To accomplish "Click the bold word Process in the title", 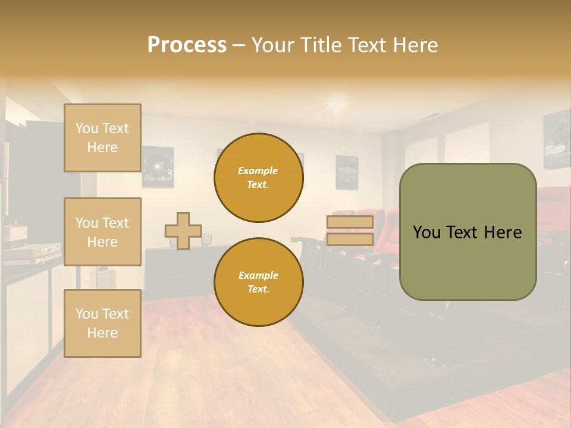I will point(187,45).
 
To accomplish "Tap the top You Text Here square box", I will point(102,138).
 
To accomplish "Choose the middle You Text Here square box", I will point(102,232).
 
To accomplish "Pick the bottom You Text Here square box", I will point(102,323).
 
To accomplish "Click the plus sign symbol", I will point(183,231).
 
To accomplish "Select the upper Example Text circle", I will point(258,178).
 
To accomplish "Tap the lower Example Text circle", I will point(258,282).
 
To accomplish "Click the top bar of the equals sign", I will point(350,222).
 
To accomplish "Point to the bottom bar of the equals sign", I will point(350,240).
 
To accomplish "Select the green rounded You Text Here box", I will point(468,232).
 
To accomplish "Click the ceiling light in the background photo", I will point(337,102).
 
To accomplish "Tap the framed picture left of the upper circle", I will point(158,167).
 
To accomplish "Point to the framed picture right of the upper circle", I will point(347,172).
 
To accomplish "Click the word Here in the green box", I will point(503,232).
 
